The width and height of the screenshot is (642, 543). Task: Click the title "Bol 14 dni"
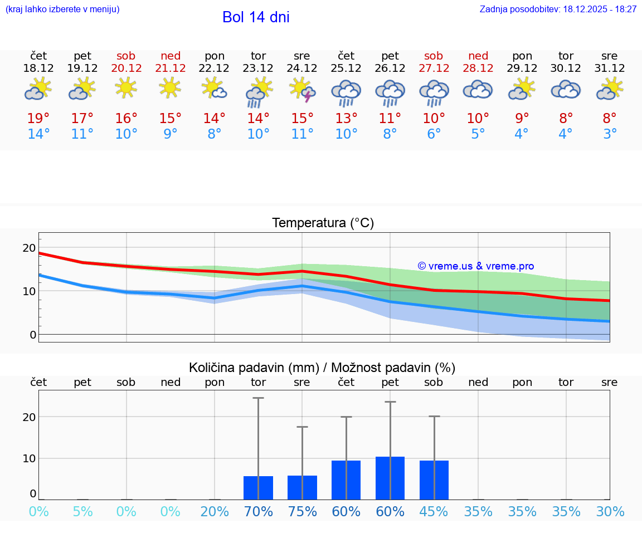[x=256, y=17]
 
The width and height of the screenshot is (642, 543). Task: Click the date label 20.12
[x=127, y=69]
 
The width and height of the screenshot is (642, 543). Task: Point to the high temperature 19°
[x=38, y=118]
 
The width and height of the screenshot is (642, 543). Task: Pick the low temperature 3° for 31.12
[x=610, y=134]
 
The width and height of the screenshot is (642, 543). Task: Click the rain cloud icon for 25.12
[x=346, y=92]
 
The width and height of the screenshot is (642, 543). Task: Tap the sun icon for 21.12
[x=170, y=87]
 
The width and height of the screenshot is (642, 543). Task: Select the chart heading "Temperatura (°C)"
[x=323, y=223]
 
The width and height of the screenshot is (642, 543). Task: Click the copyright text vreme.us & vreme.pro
[x=476, y=266]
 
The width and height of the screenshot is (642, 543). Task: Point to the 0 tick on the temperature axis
[x=32, y=335]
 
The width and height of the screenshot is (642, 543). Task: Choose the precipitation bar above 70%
[x=258, y=488]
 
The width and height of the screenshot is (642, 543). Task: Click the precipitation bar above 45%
[x=434, y=480]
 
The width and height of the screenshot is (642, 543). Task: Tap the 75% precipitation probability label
[x=302, y=512]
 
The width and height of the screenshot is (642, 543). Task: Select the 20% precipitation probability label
[x=215, y=512]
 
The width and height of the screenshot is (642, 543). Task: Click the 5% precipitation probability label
[x=82, y=512]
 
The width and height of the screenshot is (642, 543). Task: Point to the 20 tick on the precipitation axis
[x=29, y=417]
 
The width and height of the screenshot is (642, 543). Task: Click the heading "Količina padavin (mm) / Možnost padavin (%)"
[x=322, y=368]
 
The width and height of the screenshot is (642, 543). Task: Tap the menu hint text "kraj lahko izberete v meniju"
[x=62, y=9]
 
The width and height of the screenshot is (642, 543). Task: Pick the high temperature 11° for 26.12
[x=390, y=118]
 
